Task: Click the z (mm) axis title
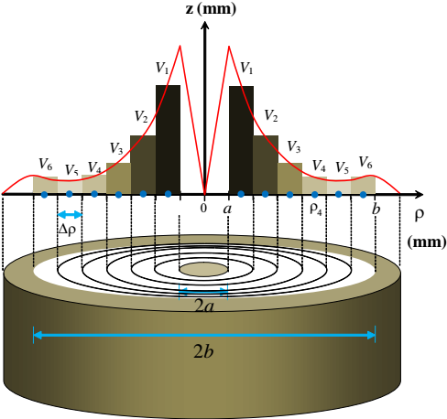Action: pyautogui.click(x=211, y=9)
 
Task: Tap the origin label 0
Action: pyautogui.click(x=203, y=208)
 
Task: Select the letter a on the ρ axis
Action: pyautogui.click(x=227, y=209)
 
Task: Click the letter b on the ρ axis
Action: pyautogui.click(x=376, y=209)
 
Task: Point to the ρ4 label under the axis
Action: pyautogui.click(x=316, y=209)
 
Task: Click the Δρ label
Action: pyautogui.click(x=67, y=230)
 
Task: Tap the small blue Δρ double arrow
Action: pyautogui.click(x=70, y=215)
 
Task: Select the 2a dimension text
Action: pyautogui.click(x=203, y=306)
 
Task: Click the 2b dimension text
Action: pyautogui.click(x=203, y=351)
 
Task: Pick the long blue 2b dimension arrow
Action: pyautogui.click(x=204, y=335)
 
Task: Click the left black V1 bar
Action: pyautogui.click(x=168, y=139)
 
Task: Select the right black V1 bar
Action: pyautogui.click(x=241, y=140)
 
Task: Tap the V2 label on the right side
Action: pyautogui.click(x=271, y=116)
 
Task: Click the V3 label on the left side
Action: pyautogui.click(x=116, y=148)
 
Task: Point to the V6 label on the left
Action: pyautogui.click(x=46, y=164)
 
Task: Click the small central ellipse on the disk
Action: pyautogui.click(x=203, y=270)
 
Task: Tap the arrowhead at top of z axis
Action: pyautogui.click(x=205, y=25)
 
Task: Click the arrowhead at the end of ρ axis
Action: pyautogui.click(x=418, y=194)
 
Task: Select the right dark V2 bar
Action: pyautogui.click(x=266, y=165)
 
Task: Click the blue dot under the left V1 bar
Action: pyautogui.click(x=168, y=193)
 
